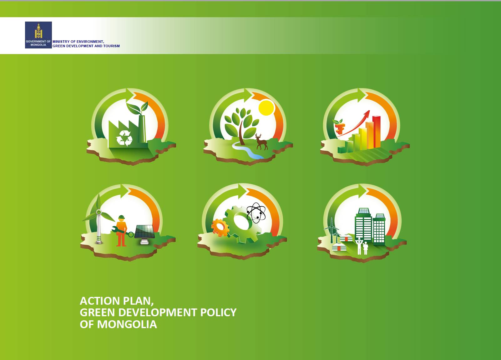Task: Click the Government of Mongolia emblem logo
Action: coord(38,35)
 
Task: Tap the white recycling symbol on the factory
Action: coord(124,138)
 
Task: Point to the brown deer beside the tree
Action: coord(261,142)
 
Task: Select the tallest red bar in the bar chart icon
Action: coord(377,132)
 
